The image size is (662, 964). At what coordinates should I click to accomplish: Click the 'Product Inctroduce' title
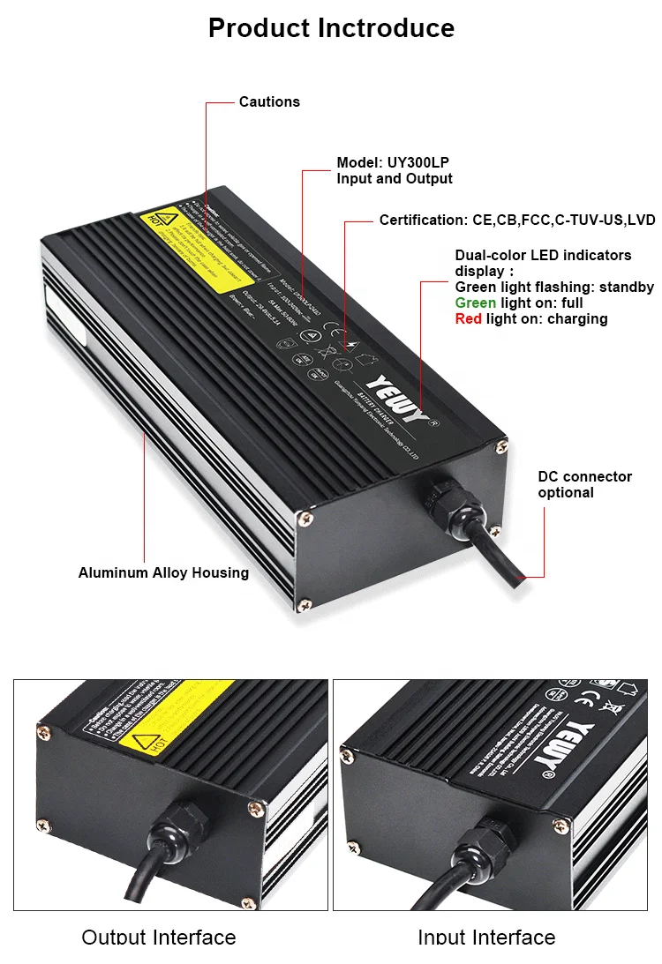331,27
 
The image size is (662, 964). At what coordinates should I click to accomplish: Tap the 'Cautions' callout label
269,102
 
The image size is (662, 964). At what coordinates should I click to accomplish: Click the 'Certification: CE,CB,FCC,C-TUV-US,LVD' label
517,220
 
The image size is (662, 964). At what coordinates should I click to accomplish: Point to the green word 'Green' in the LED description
475,303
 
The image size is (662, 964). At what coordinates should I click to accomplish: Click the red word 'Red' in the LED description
468,318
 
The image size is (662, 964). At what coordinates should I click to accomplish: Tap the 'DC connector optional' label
584,484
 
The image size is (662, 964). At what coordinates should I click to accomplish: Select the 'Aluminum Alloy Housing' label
163,573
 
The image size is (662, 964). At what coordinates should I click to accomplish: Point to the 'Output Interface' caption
159,937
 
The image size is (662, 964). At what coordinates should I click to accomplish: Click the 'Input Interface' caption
486,937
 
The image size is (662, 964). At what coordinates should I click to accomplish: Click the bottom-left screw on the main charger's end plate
305,605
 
